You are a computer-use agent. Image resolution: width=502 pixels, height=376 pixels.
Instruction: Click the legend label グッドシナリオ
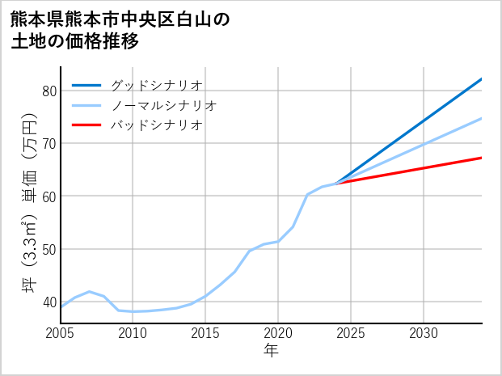point(157,85)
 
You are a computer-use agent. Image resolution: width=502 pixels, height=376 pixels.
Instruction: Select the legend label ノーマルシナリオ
point(164,105)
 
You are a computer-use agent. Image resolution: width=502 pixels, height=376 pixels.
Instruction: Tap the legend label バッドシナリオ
point(157,125)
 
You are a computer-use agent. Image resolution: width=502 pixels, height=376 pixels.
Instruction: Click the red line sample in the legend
point(86,125)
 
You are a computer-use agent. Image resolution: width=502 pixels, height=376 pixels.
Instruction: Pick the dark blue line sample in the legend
point(86,85)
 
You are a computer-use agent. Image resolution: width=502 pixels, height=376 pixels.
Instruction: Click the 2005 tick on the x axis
point(61,333)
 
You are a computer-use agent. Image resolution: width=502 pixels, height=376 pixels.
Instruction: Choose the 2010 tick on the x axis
point(133,333)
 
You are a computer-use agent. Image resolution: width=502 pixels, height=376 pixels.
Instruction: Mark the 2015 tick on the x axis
point(206,333)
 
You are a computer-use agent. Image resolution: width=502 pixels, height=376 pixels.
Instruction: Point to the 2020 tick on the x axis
point(278,333)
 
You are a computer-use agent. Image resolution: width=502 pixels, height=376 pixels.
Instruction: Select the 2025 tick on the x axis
point(351,333)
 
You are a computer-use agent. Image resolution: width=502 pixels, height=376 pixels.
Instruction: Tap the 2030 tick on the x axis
point(424,333)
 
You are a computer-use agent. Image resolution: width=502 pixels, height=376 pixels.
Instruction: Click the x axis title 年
point(271,350)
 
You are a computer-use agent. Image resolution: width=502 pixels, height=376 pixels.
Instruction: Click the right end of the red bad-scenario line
point(481,158)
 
